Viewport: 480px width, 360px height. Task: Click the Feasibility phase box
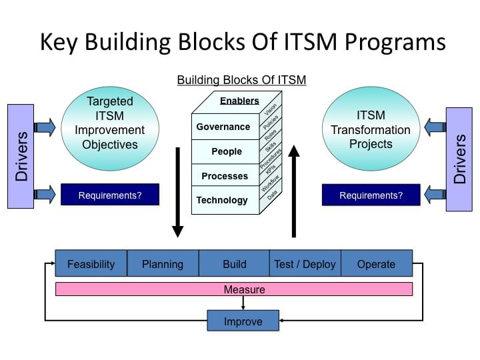[91, 263]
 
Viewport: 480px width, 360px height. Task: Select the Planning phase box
[163, 263]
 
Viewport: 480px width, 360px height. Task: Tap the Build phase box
[234, 263]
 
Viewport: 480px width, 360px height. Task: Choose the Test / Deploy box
[305, 263]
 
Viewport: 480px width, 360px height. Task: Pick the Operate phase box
[377, 263]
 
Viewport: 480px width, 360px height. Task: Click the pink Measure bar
[234, 289]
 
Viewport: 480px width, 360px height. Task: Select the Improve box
[243, 321]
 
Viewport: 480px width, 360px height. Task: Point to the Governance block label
[223, 127]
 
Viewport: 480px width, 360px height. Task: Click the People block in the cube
[226, 151]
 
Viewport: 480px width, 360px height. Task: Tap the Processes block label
[225, 176]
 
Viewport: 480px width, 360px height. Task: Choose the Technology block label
[222, 200]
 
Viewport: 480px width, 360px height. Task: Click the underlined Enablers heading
[239, 101]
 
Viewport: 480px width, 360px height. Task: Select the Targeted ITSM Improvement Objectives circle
[110, 123]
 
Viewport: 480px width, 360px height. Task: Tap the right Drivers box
[459, 159]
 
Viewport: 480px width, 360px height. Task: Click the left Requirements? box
[110, 195]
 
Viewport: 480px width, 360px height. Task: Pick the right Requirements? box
[371, 195]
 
